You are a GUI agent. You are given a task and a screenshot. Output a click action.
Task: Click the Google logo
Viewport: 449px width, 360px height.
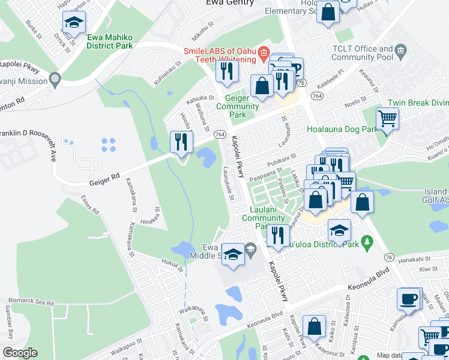20,353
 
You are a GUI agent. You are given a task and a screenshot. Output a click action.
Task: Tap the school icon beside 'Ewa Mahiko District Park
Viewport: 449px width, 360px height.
74,23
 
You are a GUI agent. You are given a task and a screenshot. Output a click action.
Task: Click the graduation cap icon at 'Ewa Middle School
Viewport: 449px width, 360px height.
233,253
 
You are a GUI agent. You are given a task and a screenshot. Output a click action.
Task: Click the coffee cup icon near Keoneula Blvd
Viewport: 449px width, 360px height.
409,298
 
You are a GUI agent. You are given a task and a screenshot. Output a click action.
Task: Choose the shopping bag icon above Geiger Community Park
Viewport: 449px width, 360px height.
262,86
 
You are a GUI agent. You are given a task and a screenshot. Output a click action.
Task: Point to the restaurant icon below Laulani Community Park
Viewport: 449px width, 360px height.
277,235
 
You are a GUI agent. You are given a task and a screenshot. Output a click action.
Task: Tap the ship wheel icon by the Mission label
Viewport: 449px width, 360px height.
55,79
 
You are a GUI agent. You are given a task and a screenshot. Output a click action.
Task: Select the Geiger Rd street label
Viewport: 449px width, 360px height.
105,178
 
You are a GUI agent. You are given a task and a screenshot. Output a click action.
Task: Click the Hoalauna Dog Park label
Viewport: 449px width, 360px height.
342,128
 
